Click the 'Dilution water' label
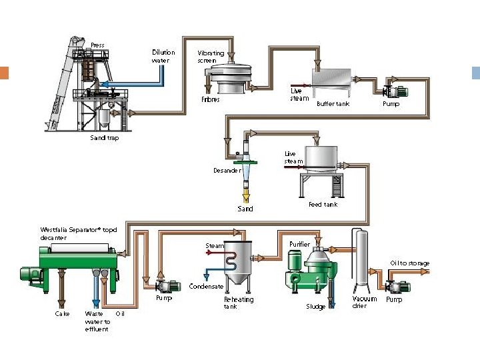tap(163, 56)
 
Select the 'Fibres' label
tap(210, 100)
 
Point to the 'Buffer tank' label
tap(333, 104)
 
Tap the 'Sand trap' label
tap(104, 139)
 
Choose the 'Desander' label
tap(227, 171)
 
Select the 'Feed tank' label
tap(323, 205)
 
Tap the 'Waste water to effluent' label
tap(97, 321)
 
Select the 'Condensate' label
tap(206, 287)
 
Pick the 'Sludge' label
tap(315, 307)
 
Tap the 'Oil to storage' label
tap(409, 263)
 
